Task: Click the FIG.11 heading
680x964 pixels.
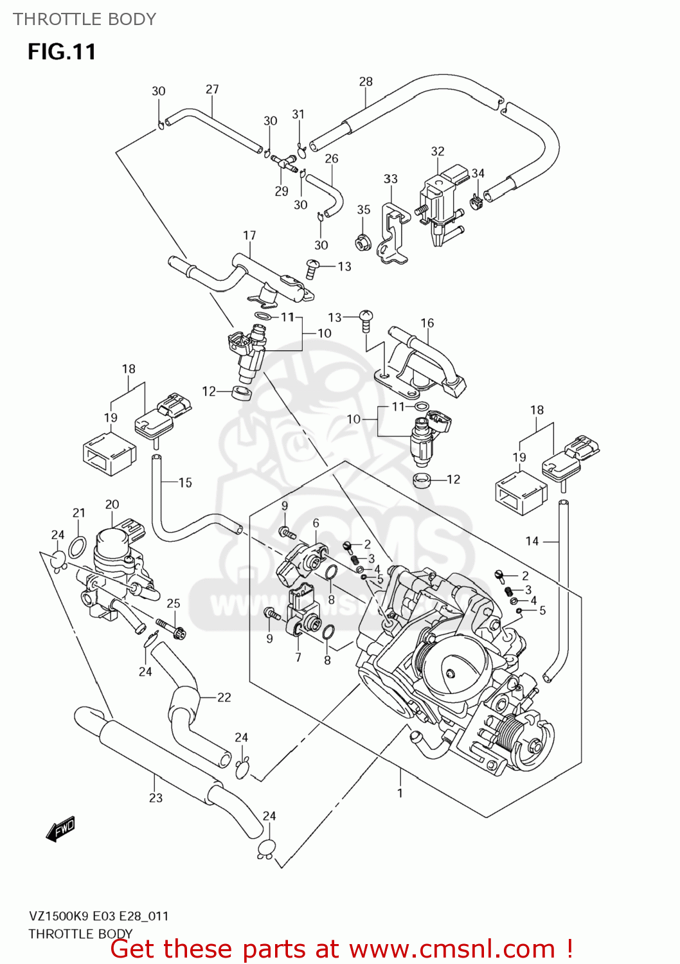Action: [62, 51]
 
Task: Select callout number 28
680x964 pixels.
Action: [366, 82]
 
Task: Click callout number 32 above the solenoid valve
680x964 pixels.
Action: [438, 151]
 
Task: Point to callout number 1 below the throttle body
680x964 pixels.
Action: [400, 792]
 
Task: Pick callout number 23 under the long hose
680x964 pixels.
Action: [156, 798]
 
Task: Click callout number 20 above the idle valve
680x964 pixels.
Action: [112, 504]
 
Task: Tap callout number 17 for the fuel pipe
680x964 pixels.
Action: [249, 236]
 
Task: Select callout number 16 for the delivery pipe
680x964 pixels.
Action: [427, 323]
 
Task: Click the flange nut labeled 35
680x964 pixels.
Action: [362, 243]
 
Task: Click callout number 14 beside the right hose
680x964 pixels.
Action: [532, 541]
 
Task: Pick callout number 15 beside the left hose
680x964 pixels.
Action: [185, 483]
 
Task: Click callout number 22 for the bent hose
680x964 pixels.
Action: [224, 697]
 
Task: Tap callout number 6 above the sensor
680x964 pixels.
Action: [316, 524]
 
